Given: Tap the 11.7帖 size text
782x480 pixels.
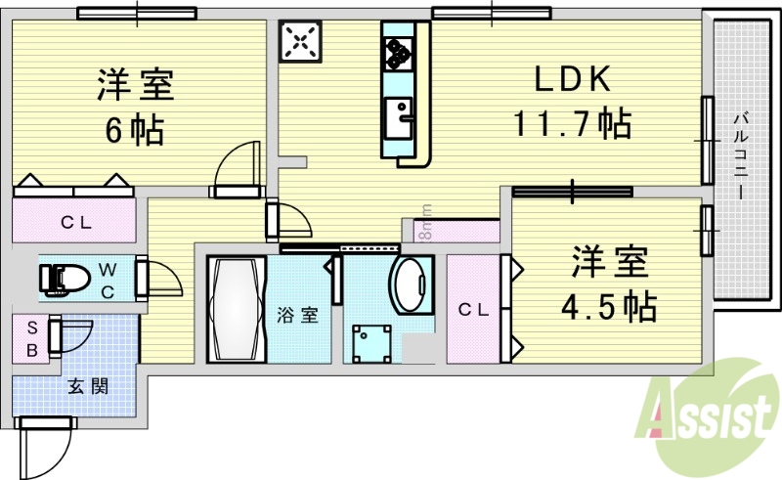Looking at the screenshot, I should pos(572,124).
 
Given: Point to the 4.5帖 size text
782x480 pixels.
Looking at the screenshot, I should pos(607,307).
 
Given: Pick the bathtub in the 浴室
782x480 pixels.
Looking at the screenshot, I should pos(236,309).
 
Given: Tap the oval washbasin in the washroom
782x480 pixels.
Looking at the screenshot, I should pos(411,284).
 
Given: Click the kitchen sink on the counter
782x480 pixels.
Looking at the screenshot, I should pos(399,118).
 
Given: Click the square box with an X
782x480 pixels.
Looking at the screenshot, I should pos(300,41).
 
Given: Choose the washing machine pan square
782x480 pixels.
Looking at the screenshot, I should pos(372,343).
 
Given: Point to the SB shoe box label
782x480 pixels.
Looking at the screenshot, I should pos(30,337).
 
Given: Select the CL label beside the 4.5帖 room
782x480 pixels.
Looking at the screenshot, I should pos(473,310).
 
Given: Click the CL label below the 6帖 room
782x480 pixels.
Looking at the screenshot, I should pos(75,222).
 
